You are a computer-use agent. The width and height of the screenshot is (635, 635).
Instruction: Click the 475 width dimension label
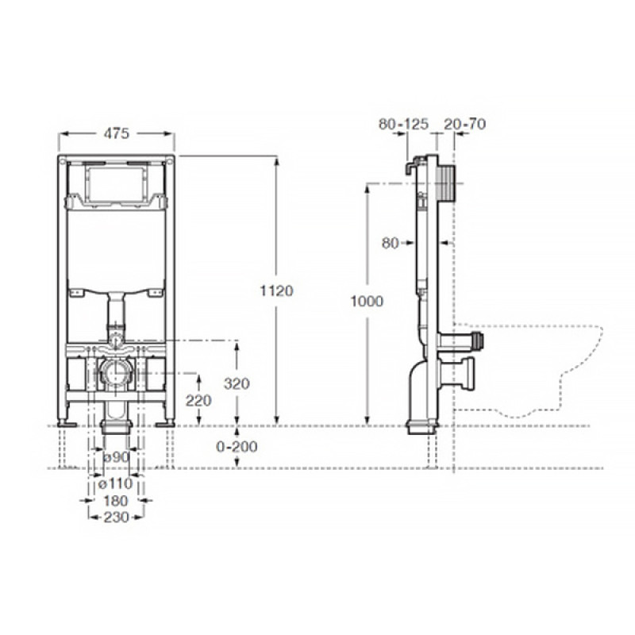click(117, 133)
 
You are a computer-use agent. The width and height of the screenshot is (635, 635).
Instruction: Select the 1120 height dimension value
click(276, 291)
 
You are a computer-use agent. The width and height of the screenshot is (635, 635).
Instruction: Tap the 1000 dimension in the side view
click(367, 301)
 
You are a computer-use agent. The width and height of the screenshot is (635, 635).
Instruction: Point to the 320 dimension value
click(237, 383)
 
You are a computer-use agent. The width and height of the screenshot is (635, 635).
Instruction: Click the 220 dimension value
click(198, 401)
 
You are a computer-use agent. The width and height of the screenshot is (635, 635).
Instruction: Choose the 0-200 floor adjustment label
click(237, 446)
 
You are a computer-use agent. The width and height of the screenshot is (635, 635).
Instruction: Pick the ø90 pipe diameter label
click(116, 457)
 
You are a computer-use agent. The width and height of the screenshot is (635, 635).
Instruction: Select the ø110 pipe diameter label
click(115, 483)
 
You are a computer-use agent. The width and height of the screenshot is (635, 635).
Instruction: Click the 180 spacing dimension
click(115, 501)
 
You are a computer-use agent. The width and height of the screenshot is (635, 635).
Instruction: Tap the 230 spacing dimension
click(116, 518)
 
